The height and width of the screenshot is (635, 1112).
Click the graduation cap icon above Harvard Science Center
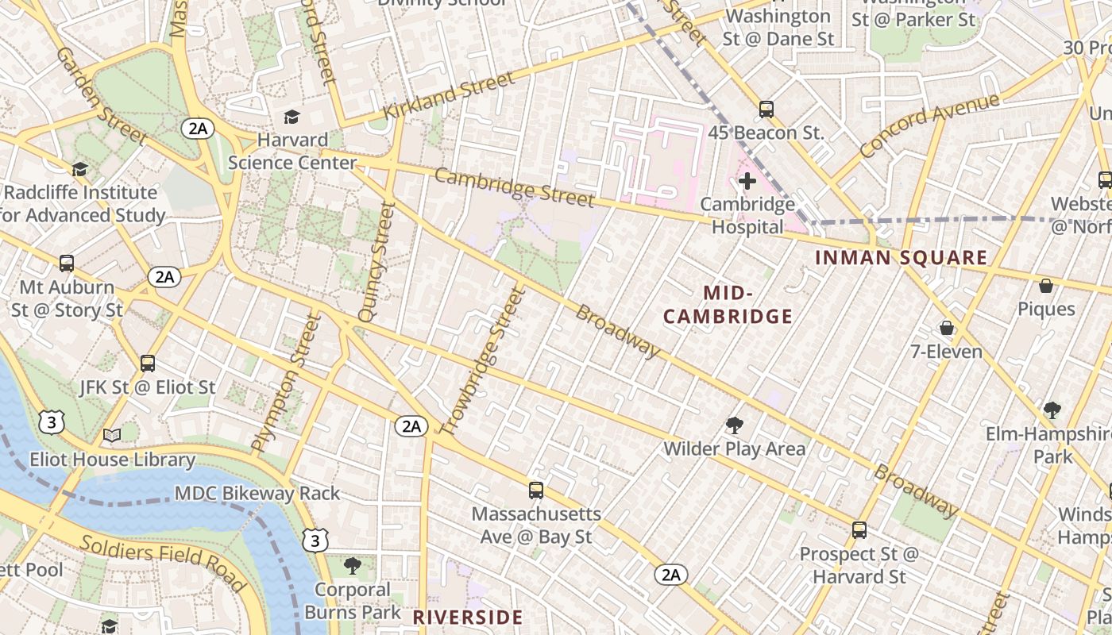point(292,117)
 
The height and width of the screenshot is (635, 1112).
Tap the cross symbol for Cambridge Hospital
point(747,182)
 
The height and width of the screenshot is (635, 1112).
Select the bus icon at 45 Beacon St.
point(766,110)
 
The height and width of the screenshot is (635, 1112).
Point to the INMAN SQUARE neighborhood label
point(901,258)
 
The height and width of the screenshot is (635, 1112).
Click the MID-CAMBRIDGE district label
point(728,306)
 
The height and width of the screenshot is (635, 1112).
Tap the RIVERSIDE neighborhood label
point(468,618)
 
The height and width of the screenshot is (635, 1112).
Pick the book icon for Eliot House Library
point(112,436)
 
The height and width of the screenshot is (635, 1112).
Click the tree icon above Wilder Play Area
point(735,426)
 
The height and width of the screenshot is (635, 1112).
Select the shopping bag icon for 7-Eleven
point(947,328)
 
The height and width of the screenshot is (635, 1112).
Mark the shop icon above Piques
point(1046,286)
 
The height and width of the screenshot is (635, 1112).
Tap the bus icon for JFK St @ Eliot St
point(148,364)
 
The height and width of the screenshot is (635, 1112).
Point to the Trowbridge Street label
point(484,362)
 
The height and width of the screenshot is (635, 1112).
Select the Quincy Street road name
point(376,262)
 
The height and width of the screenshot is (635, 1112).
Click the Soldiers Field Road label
point(162,561)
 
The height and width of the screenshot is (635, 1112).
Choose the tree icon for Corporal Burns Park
point(352,566)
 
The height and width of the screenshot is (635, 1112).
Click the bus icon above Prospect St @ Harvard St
point(859,530)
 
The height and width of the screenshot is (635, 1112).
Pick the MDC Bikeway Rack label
point(257,493)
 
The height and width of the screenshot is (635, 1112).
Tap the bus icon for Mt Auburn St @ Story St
point(67,264)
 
